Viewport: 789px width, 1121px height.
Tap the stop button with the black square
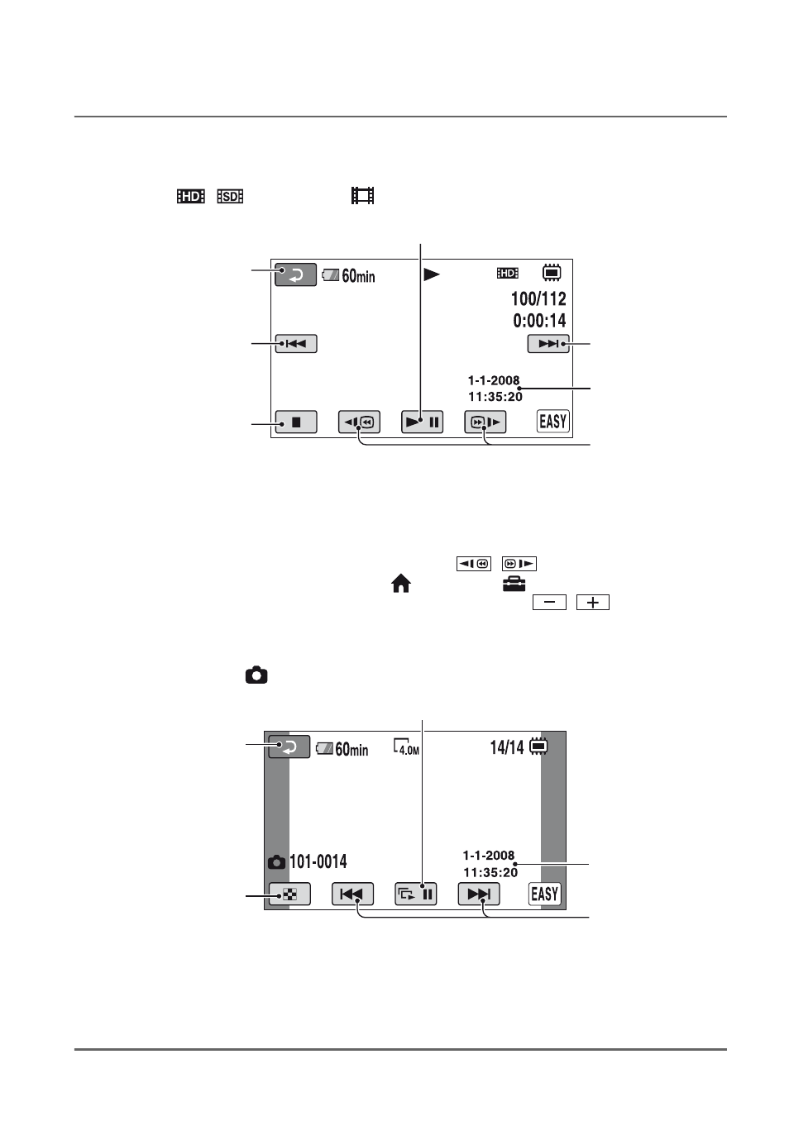coord(296,422)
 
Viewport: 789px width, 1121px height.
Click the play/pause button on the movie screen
coord(422,422)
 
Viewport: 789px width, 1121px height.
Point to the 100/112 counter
coord(538,298)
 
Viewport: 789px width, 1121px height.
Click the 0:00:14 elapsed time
coord(539,320)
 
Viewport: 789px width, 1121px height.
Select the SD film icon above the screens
coord(230,196)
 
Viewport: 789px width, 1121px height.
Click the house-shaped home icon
coord(401,584)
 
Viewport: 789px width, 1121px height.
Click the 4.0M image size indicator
coord(406,747)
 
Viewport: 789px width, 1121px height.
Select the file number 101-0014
coord(318,861)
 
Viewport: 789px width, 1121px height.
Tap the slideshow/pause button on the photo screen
coord(415,894)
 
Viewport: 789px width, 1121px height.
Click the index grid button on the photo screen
coord(289,894)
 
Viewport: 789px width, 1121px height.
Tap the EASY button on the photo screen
coord(545,894)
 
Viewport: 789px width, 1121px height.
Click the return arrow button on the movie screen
coord(295,274)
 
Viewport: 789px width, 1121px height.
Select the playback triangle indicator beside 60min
coord(432,274)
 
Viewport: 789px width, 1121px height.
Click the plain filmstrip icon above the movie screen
coord(362,196)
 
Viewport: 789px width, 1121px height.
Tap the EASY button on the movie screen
coord(552,422)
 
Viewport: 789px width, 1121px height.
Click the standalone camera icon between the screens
coord(256,675)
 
